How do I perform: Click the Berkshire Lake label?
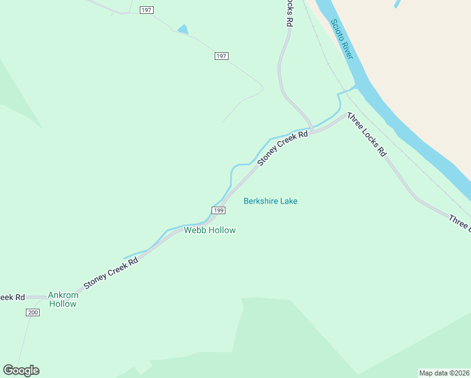coord(270,201)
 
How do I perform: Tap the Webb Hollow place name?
coord(210,230)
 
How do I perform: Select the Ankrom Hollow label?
coord(63,299)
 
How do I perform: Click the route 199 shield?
coord(218,210)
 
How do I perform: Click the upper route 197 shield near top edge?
coord(147,10)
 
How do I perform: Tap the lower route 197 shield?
coord(221,56)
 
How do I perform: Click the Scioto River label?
coord(343,40)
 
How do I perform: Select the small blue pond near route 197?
coord(183,29)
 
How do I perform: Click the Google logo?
coord(21,370)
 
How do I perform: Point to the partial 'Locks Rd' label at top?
coord(289,13)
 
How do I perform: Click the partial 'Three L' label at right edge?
coord(459,222)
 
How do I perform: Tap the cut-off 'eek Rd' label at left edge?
coord(12,297)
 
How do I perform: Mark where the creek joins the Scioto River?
coord(354,89)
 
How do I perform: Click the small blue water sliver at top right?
coord(397,4)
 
